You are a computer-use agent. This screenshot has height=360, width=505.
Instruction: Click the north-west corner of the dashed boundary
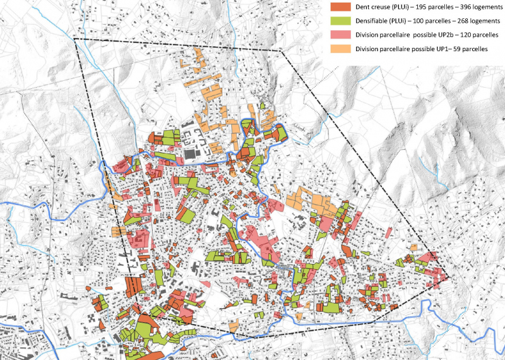click(74, 39)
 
